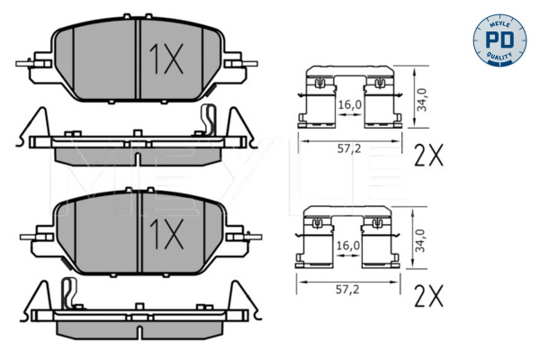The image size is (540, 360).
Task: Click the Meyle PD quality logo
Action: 495,39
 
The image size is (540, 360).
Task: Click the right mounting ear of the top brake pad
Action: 238,62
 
